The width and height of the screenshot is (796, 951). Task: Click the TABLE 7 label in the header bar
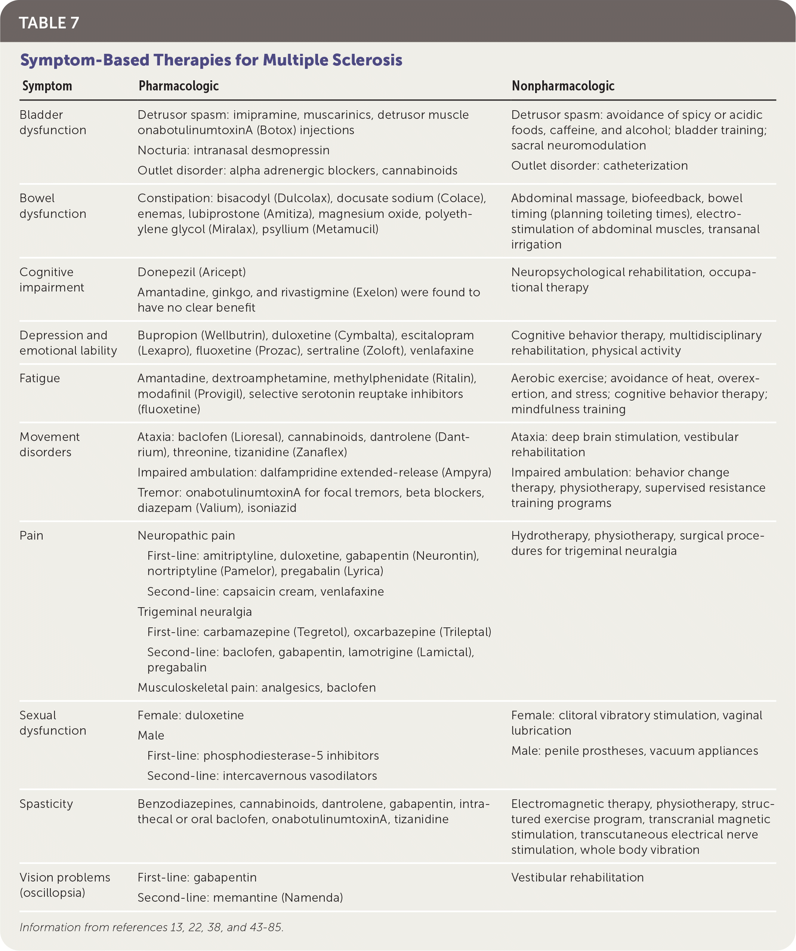(x=49, y=23)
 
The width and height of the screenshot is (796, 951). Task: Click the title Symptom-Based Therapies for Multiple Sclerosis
(x=211, y=60)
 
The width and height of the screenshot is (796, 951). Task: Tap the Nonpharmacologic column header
(x=563, y=86)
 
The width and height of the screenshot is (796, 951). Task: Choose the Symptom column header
(x=47, y=86)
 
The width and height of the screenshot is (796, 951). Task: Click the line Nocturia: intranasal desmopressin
(x=233, y=150)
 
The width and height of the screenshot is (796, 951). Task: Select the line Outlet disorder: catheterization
(x=599, y=166)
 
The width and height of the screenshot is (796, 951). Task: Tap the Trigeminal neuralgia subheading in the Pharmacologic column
(x=194, y=612)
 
